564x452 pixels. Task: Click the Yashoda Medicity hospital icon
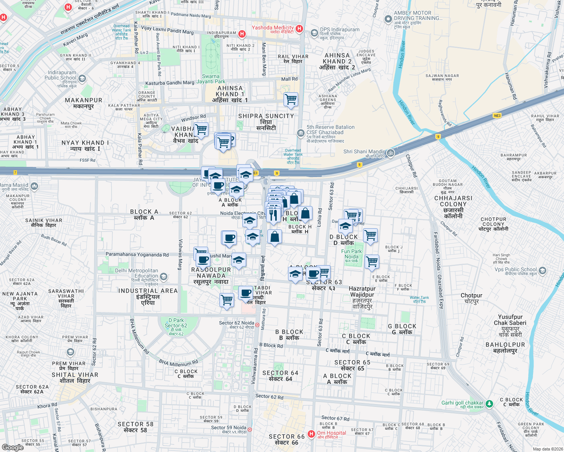[x=299, y=29]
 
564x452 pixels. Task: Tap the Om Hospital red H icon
[x=311, y=434]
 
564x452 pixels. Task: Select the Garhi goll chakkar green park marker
[x=489, y=404]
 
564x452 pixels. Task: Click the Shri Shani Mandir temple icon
[x=391, y=153]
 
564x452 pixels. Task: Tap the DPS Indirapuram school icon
[x=314, y=33]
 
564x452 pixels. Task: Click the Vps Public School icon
[x=543, y=270]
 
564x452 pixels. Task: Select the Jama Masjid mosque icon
[x=34, y=186]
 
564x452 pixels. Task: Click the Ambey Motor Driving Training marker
[x=388, y=19]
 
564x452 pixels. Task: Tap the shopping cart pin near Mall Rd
[x=291, y=99]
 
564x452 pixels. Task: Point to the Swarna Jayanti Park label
[x=211, y=79]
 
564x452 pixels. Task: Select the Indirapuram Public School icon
[x=83, y=78]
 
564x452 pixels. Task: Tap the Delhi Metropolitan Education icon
[x=164, y=277]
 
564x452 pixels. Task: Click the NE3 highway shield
[x=497, y=116]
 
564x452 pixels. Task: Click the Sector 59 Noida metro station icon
[x=250, y=429]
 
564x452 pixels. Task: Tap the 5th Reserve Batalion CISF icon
[x=300, y=133]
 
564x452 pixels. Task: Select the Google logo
[x=13, y=447]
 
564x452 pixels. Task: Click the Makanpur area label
[x=83, y=103]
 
